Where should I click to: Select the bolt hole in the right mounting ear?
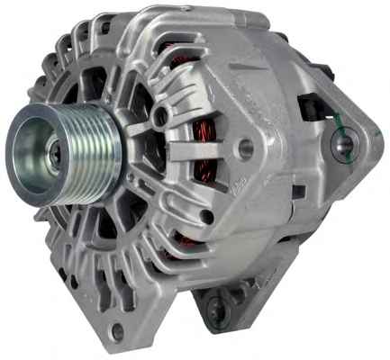pyautogui.click(x=344, y=143)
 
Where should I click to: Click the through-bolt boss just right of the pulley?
pyautogui.click(x=160, y=116)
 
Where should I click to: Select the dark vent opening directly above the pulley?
pyautogui.click(x=90, y=85)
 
